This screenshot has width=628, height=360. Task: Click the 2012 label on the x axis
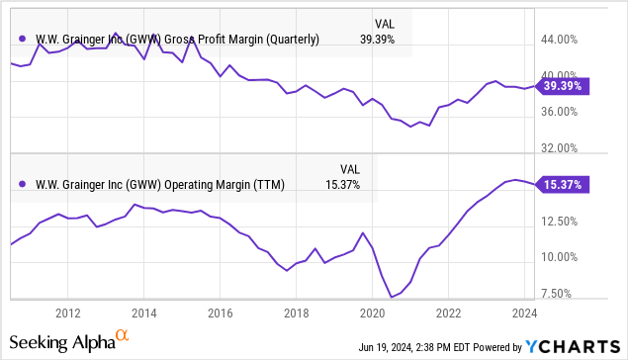click(x=67, y=313)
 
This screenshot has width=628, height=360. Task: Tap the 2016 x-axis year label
click(x=220, y=313)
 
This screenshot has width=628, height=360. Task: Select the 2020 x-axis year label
click(x=372, y=313)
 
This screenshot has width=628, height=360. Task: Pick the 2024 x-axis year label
click(x=524, y=313)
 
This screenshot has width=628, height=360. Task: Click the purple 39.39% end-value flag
click(x=562, y=86)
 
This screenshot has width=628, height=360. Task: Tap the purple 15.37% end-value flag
click(x=562, y=184)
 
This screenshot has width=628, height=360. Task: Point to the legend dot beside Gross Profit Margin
click(x=22, y=40)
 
